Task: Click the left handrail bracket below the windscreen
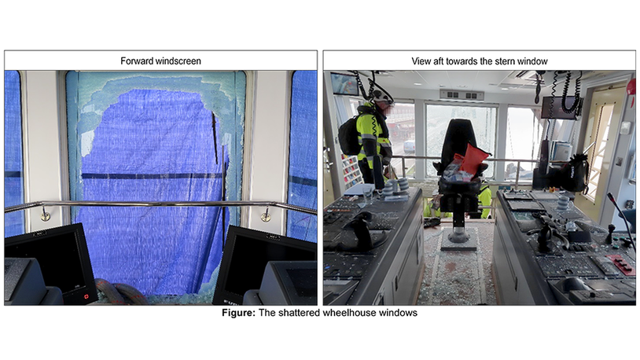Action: [45, 215]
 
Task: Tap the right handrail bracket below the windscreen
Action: [266, 215]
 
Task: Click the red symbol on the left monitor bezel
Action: [86, 297]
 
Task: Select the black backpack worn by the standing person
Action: [349, 137]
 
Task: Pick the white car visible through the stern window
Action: [409, 146]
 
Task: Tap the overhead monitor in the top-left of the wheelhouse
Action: [345, 84]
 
